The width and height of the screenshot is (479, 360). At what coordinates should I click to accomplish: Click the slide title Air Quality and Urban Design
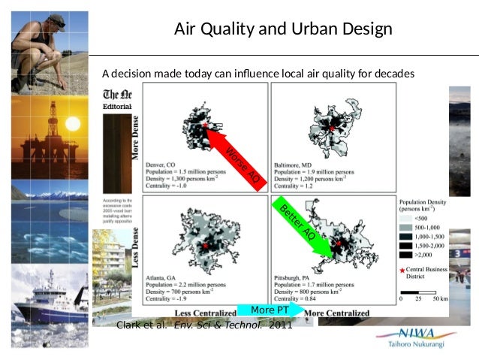tap(283, 30)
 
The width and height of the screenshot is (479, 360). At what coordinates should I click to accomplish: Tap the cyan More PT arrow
tap(270, 310)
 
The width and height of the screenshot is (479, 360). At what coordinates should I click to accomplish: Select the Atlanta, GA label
tap(160, 268)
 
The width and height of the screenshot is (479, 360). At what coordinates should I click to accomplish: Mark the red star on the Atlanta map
tap(203, 246)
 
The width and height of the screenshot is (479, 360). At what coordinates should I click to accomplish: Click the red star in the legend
tap(402, 268)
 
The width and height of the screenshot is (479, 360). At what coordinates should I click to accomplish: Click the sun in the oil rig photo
tap(72, 123)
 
